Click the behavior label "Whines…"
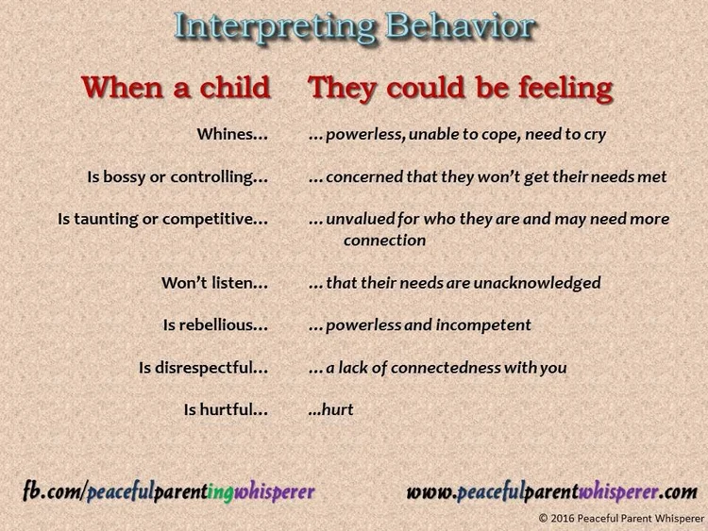[232, 135]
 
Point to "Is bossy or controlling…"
[177, 176]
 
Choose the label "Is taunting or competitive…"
[163, 219]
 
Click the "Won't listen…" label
[215, 282]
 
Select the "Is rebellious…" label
[216, 324]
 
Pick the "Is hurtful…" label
[227, 409]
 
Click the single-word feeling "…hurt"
[331, 409]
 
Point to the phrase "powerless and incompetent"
[428, 324]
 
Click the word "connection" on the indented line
[384, 241]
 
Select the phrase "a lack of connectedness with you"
[446, 367]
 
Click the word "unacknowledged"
[541, 282]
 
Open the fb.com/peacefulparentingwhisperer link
[169, 491]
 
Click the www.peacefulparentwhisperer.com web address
[551, 491]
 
